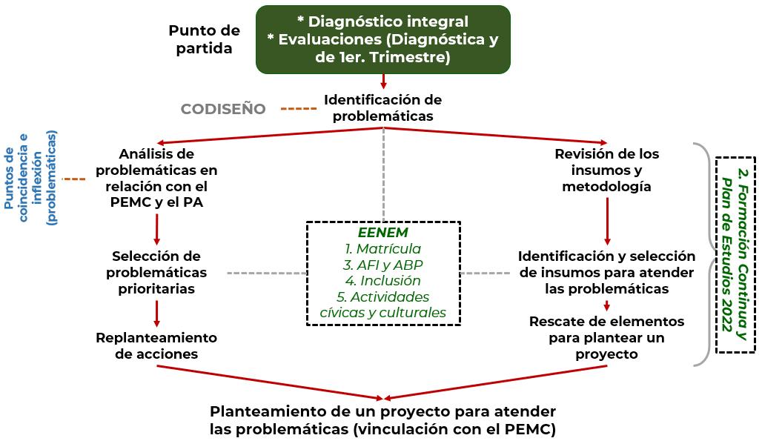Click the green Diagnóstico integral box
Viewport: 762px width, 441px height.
tap(382, 39)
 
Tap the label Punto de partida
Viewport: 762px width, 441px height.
tap(204, 39)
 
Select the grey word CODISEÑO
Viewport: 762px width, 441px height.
tap(223, 109)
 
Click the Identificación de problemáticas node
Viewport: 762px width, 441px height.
tap(382, 107)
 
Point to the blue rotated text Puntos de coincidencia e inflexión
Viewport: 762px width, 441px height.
tap(30, 178)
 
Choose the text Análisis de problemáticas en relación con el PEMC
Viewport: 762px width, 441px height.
tap(157, 178)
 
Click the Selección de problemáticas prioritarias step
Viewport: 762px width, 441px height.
tap(156, 272)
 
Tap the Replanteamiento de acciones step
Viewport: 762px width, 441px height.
tap(156, 345)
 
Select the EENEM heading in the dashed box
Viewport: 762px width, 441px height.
tap(383, 232)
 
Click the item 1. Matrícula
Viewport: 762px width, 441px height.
tap(383, 248)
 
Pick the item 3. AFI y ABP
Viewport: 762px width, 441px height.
tap(383, 265)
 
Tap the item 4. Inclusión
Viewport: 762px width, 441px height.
tap(383, 281)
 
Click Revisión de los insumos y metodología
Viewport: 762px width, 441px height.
tap(606, 170)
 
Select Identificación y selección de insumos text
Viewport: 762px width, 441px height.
tap(606, 272)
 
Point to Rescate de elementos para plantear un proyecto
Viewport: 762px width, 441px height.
tap(606, 337)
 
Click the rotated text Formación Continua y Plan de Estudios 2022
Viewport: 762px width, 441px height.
tap(735, 253)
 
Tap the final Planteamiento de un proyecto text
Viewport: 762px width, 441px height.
tap(382, 420)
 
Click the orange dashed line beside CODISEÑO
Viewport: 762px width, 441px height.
tap(298, 109)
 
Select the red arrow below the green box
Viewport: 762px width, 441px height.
tap(383, 82)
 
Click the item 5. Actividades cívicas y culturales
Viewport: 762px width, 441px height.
tap(383, 305)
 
